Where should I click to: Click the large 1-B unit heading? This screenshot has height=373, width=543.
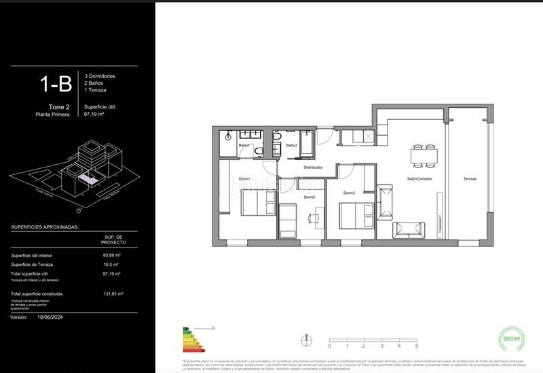tap(56, 84)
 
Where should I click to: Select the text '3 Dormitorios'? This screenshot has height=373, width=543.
tap(100, 75)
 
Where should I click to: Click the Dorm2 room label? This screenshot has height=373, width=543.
tap(309, 197)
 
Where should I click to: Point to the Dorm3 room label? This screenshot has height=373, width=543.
tap(349, 193)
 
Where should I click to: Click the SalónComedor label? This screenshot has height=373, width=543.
tap(419, 179)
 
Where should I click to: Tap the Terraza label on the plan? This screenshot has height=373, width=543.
tap(470, 179)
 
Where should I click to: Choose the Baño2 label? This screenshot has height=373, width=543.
tap(291, 146)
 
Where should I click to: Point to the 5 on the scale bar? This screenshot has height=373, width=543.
tap(398, 346)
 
